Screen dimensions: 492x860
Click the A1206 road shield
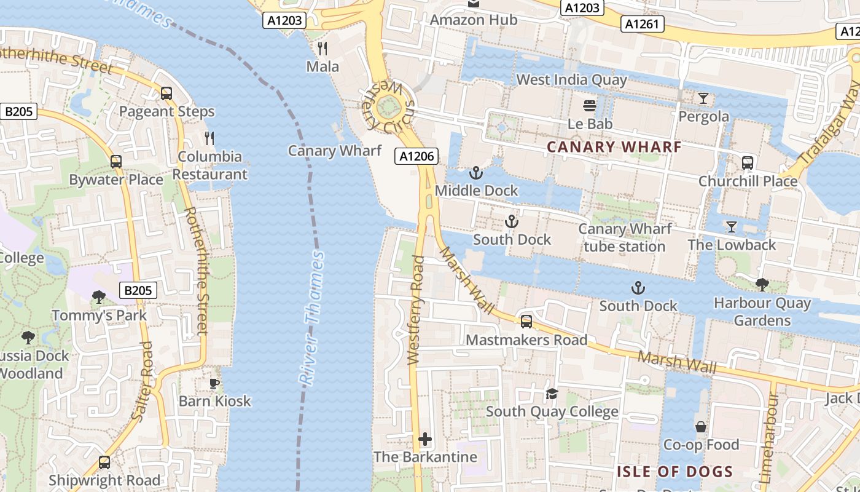tap(417, 156)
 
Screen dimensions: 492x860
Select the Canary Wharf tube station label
tap(625, 237)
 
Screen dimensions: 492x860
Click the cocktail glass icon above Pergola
tap(703, 98)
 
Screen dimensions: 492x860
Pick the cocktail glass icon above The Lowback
tap(731, 226)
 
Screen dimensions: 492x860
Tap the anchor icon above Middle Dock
tap(476, 172)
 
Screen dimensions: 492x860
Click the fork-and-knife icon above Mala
tap(322, 48)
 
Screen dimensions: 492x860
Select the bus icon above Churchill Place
tap(748, 163)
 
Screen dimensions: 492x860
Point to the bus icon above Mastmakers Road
tap(526, 321)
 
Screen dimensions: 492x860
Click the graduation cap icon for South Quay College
tap(552, 393)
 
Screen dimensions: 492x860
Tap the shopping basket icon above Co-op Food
tap(701, 426)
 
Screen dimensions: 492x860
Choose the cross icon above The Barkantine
tap(425, 439)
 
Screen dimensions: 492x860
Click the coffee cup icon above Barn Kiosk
tap(214, 383)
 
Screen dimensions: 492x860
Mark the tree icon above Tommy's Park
tap(98, 297)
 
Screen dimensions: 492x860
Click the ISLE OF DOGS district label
tap(675, 472)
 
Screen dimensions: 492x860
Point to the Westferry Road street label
tap(416, 311)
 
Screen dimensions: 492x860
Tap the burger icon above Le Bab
tap(590, 106)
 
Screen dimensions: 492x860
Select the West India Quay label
tap(571, 79)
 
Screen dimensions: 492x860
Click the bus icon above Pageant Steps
tap(166, 93)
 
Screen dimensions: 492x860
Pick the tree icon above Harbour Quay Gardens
tap(762, 284)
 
